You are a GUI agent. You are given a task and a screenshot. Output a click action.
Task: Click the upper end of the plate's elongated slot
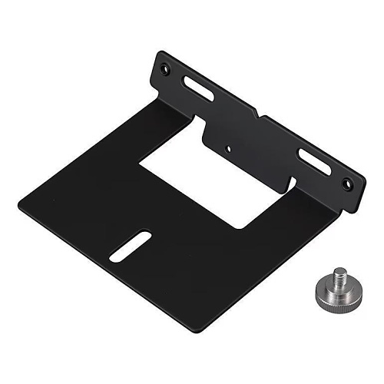point(144,235)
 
